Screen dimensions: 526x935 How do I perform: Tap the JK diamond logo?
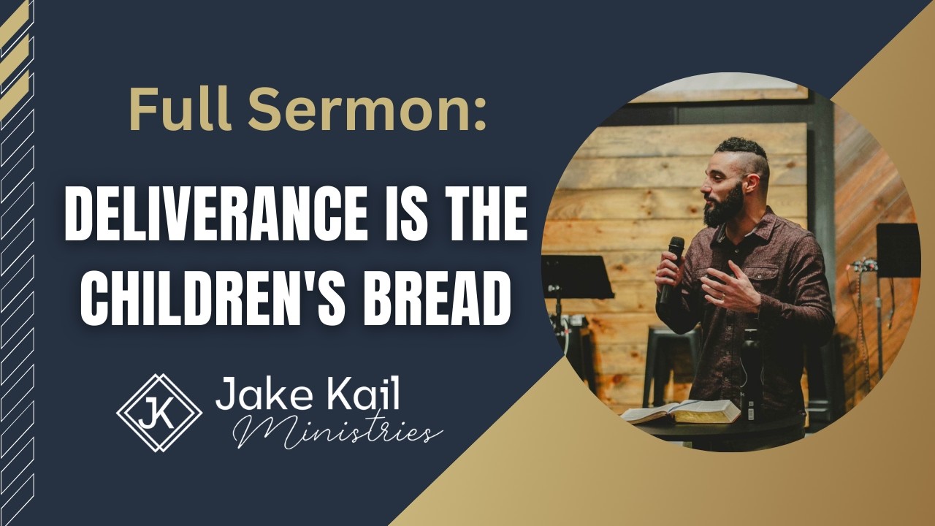[x=159, y=413]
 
